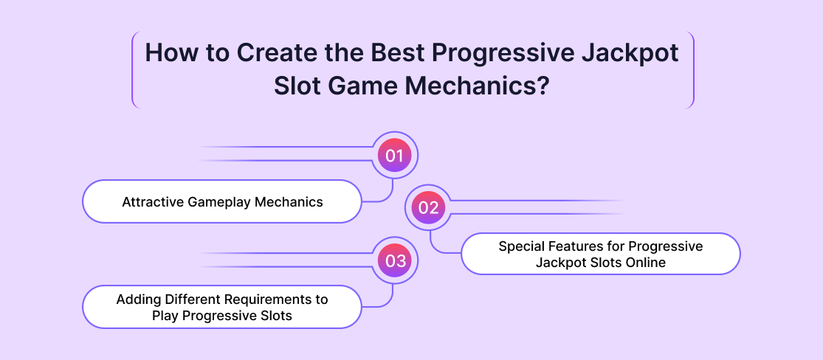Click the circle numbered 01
click(394, 156)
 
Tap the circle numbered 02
click(429, 208)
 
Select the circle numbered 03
click(394, 261)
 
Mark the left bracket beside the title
click(135, 70)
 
